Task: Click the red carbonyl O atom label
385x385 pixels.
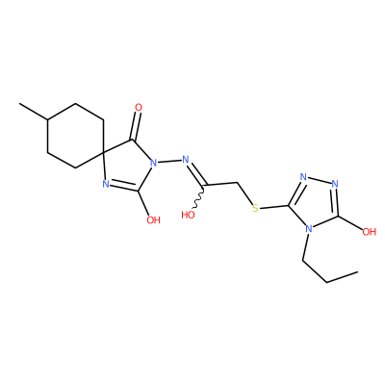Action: [x=139, y=107]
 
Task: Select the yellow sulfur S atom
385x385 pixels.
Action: [x=255, y=208]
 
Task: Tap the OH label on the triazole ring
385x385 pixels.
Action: [x=369, y=231]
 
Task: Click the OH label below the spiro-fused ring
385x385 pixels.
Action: [x=153, y=219]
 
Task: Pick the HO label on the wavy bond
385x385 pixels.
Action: [x=188, y=215]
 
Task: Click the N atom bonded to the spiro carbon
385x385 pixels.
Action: [x=106, y=184]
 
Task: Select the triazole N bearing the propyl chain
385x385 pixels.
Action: [x=309, y=228]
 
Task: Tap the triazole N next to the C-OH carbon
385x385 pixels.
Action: [x=335, y=184]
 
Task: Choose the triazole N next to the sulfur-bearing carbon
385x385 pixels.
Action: [x=303, y=177]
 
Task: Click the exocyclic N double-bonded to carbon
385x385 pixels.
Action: [x=185, y=159]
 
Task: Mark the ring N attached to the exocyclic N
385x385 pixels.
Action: [x=154, y=163]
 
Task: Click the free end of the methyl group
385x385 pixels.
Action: [x=19, y=104]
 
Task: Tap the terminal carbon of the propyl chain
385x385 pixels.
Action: [x=357, y=272]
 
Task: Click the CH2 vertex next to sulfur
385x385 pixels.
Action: [x=238, y=183]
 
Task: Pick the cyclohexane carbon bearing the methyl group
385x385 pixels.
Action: [x=47, y=119]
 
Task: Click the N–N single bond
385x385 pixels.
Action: [x=169, y=161]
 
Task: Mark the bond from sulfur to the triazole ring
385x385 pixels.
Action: [x=273, y=207]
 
